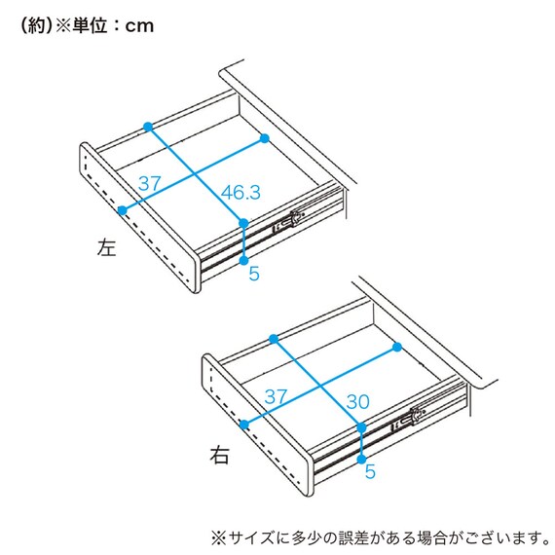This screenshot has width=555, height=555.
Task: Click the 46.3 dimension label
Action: coord(240,193)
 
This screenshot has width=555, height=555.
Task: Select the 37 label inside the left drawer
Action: coord(149,182)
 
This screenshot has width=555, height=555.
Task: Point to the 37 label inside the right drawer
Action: coord(276,396)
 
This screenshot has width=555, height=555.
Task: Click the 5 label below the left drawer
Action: coord(254,274)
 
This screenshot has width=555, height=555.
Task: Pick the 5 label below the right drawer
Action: coord(370,472)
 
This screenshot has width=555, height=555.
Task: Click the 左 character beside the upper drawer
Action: coord(106,248)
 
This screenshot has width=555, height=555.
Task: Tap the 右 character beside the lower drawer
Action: coord(221,454)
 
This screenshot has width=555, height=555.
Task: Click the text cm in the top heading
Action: coord(139,26)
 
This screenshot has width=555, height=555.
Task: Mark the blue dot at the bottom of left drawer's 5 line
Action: coord(244,259)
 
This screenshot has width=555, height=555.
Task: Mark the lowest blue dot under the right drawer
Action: coord(362,458)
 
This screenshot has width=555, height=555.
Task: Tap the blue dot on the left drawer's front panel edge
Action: coord(123,209)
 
